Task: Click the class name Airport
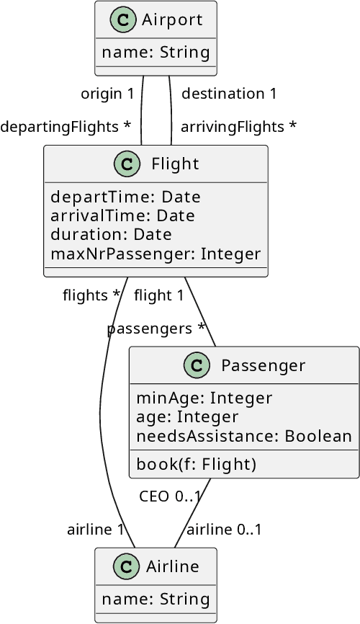click(x=173, y=20)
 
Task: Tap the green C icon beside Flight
click(x=127, y=164)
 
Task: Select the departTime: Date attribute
click(x=125, y=197)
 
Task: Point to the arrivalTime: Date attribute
click(x=122, y=216)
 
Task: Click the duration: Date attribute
click(x=111, y=235)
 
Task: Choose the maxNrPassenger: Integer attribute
click(x=156, y=254)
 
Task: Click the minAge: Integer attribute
click(x=204, y=398)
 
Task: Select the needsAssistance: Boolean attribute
click(x=244, y=436)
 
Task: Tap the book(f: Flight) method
click(x=197, y=463)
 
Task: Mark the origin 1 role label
click(x=107, y=94)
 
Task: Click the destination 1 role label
click(x=229, y=94)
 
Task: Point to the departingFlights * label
click(x=66, y=127)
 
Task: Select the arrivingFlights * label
click(x=238, y=127)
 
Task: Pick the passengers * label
click(x=156, y=329)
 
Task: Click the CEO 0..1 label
click(x=170, y=496)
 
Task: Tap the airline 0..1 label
click(x=224, y=530)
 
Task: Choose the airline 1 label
click(x=96, y=530)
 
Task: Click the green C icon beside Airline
click(x=126, y=567)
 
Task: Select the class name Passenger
click(x=263, y=365)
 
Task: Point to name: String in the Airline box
click(x=156, y=599)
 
